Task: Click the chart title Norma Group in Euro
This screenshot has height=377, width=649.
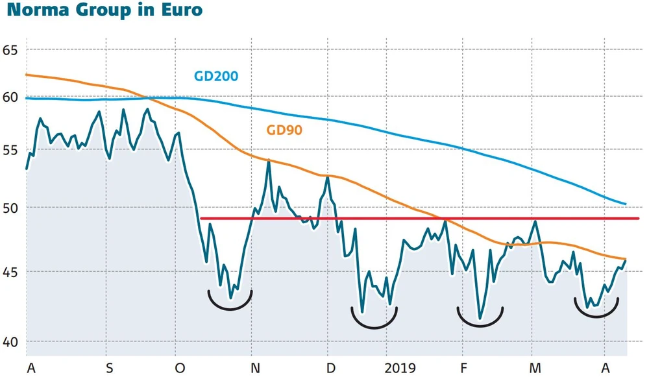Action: (x=103, y=11)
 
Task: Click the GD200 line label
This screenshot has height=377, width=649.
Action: (x=216, y=76)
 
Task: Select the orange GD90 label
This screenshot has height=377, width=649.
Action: (x=284, y=130)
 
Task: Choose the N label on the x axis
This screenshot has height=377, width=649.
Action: (x=256, y=369)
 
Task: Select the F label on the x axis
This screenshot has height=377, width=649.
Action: (x=463, y=369)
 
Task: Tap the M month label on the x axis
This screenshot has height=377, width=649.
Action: (x=533, y=369)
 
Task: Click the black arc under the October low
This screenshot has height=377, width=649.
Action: (x=230, y=308)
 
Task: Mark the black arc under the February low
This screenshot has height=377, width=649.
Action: (x=480, y=324)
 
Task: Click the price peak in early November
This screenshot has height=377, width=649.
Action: (x=269, y=160)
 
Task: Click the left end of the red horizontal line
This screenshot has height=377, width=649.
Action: (x=202, y=219)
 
